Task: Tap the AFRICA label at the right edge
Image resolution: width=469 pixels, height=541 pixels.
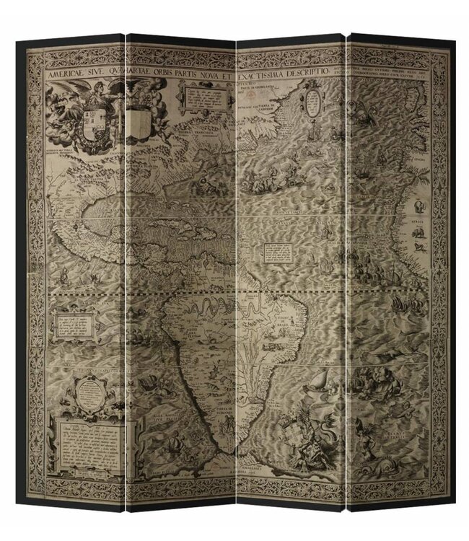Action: [420, 224]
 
